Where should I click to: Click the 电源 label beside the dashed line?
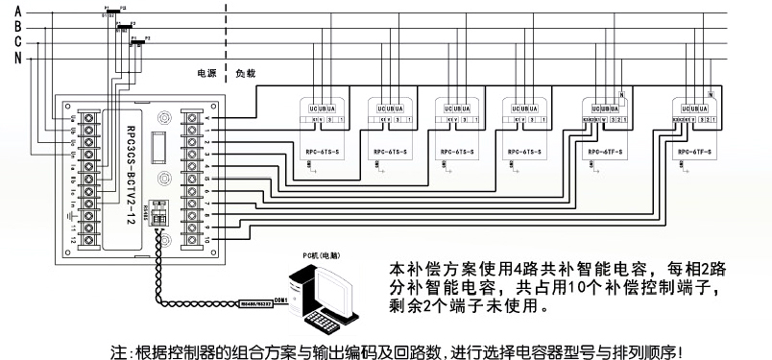click(x=205, y=73)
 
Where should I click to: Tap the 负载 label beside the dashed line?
click(x=245, y=73)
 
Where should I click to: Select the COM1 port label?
click(x=281, y=300)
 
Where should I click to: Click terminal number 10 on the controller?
click(x=206, y=236)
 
